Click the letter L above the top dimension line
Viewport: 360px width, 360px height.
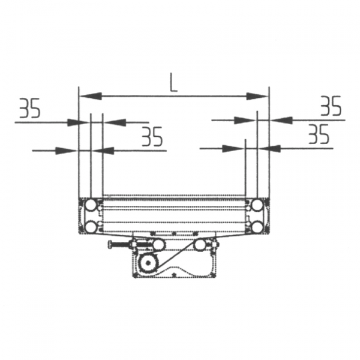(x=173, y=83)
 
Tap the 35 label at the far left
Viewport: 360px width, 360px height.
(x=30, y=108)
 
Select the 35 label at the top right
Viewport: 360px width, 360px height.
(x=331, y=106)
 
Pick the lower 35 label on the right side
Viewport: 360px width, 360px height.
(x=319, y=134)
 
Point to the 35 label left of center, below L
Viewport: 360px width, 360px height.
(x=152, y=137)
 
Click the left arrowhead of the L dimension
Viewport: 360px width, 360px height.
(x=91, y=96)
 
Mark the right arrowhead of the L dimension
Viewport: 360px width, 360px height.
(x=257, y=96)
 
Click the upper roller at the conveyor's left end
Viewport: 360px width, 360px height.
(x=91, y=205)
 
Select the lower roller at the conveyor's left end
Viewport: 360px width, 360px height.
(x=91, y=227)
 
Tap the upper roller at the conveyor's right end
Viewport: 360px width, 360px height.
(x=257, y=205)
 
